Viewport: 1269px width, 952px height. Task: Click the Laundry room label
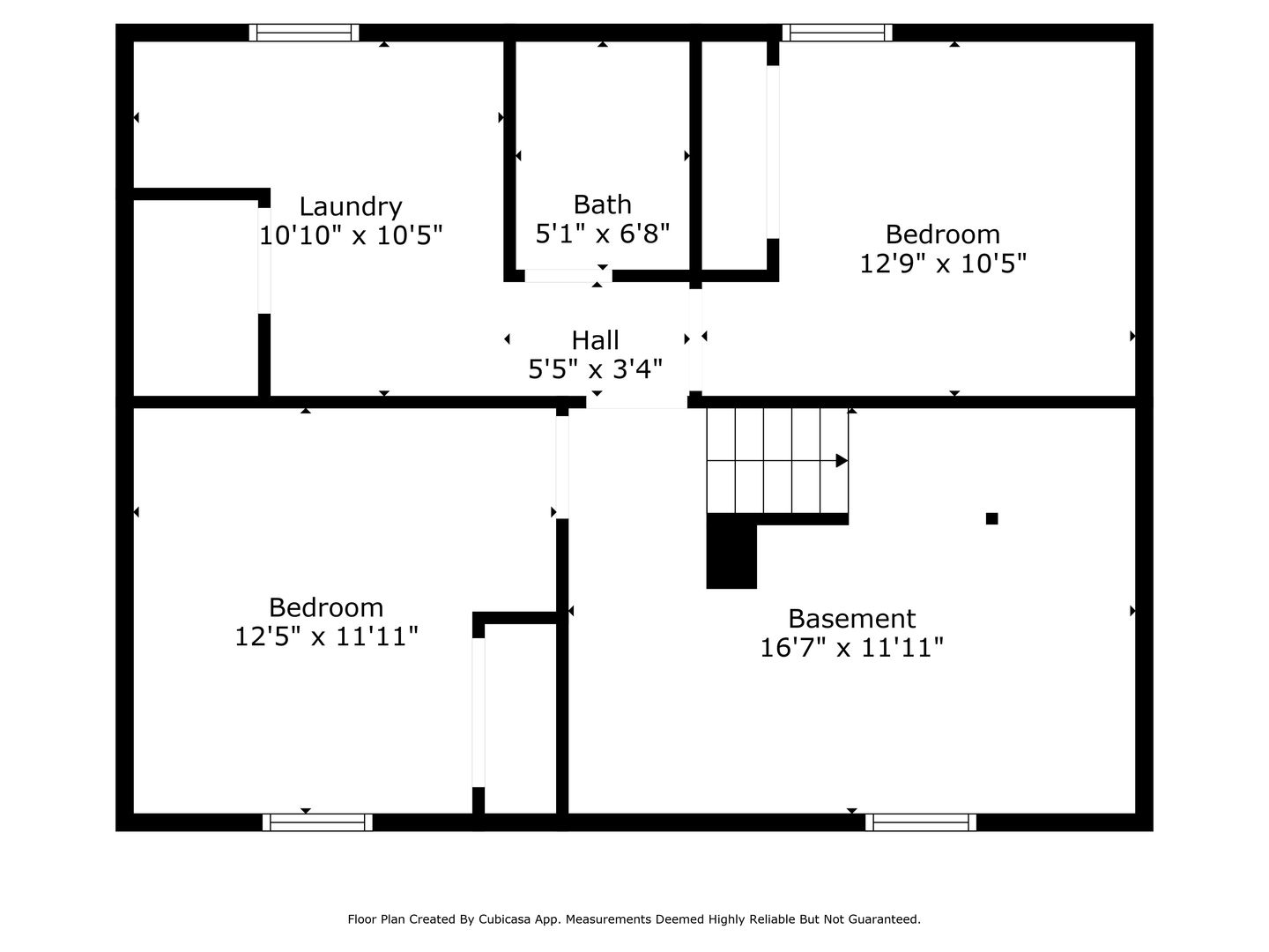pos(351,207)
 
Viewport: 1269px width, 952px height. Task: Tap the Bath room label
pos(603,205)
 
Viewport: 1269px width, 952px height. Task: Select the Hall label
pos(596,340)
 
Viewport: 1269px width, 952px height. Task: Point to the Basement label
pos(852,619)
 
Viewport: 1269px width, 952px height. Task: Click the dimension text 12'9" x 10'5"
pos(943,264)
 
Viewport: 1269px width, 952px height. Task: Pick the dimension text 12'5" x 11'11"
pos(326,636)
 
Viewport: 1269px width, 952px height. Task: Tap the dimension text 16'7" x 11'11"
pos(851,647)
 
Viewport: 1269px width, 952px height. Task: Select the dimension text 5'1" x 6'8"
pos(603,234)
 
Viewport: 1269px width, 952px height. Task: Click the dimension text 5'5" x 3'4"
pos(596,368)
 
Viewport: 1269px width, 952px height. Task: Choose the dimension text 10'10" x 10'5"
pos(351,235)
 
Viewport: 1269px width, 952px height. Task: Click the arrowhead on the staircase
pos(842,461)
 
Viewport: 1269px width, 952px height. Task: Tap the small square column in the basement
pos(992,518)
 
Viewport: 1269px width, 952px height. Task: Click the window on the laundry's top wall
pos(304,33)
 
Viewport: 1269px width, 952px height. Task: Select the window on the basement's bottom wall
pos(921,822)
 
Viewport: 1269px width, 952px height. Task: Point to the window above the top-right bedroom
pos(837,33)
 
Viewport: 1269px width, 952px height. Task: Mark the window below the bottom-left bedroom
pos(317,822)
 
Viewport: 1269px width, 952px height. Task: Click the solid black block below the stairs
pos(731,551)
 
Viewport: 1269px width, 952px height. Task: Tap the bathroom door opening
pos(568,276)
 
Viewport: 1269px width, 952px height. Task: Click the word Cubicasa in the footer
pos(502,919)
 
